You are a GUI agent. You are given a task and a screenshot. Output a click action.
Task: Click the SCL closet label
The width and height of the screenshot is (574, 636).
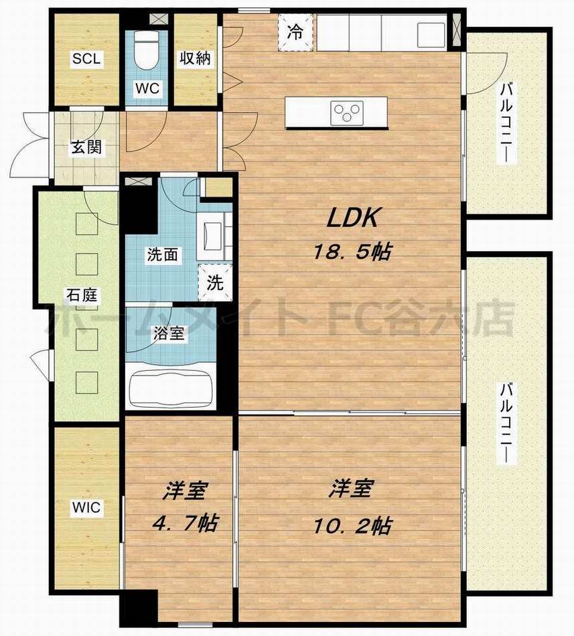coord(86,59)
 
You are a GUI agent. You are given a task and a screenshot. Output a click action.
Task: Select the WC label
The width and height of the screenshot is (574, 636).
coord(147,88)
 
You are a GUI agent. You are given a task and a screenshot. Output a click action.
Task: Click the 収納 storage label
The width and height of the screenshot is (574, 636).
coord(195,58)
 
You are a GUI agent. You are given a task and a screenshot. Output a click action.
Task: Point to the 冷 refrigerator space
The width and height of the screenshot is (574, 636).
coord(295,32)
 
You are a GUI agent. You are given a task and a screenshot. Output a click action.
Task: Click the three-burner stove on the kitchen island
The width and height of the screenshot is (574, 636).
coord(346,110)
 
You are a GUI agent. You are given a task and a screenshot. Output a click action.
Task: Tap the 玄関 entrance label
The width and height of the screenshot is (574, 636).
coord(86,147)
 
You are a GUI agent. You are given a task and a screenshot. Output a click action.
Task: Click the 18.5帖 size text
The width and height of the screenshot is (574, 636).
coord(352,252)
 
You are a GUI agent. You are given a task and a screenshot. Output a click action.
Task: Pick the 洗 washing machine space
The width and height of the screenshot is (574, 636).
coord(215,282)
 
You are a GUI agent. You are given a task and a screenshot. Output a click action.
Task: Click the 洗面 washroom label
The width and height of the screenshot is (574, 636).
coord(162,255)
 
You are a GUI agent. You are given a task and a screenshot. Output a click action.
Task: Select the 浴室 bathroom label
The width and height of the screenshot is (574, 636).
coord(169,333)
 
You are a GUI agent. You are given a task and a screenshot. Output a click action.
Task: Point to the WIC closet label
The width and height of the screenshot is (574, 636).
coord(86,507)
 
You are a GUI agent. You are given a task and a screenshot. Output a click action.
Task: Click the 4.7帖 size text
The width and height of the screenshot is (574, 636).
coord(186,523)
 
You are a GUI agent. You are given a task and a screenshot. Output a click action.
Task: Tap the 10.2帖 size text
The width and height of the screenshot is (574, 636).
coord(352,526)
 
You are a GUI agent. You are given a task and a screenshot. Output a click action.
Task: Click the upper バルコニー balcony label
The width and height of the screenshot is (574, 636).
coord(506,123)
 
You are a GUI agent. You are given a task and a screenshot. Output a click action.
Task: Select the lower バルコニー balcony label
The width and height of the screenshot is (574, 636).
coord(506,422)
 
